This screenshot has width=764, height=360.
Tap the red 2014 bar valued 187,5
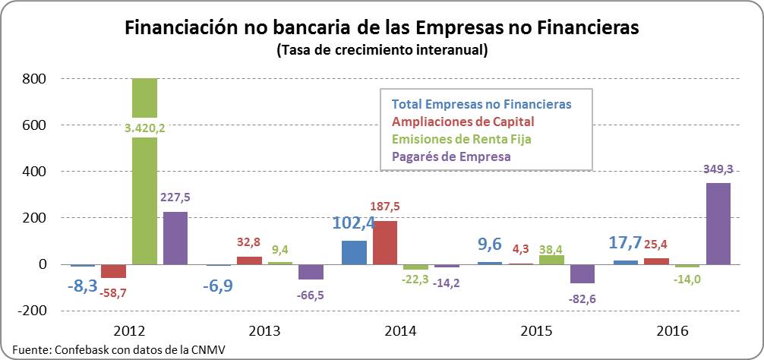[384, 242]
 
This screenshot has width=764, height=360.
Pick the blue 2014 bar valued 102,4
[354, 252]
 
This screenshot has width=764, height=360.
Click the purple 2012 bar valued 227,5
[175, 238]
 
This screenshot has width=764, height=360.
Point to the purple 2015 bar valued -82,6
[583, 273]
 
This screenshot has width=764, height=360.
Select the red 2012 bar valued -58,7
[114, 271]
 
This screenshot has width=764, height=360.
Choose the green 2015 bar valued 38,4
[552, 260]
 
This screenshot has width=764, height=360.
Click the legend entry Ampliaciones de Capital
[463, 122]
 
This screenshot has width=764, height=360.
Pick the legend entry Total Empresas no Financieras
[481, 104]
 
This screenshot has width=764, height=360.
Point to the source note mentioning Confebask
[118, 349]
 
